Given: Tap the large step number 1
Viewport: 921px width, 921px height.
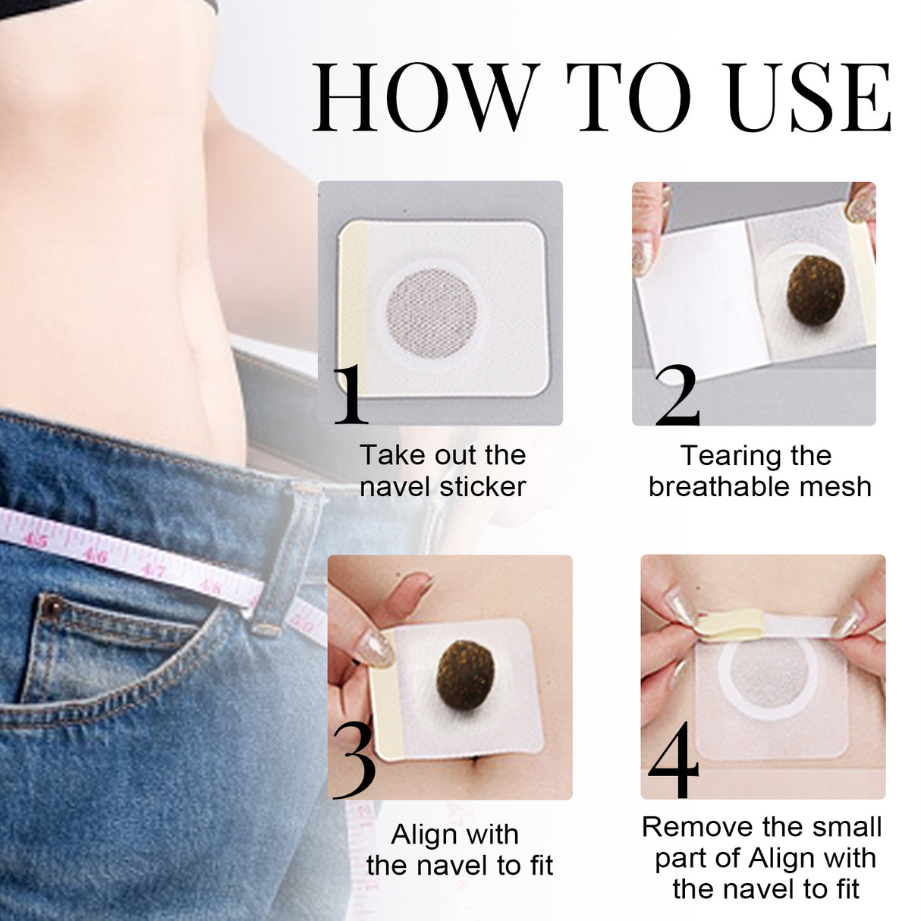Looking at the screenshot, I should tap(350, 394).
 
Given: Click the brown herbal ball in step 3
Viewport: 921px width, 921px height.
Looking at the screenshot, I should tap(460, 668).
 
